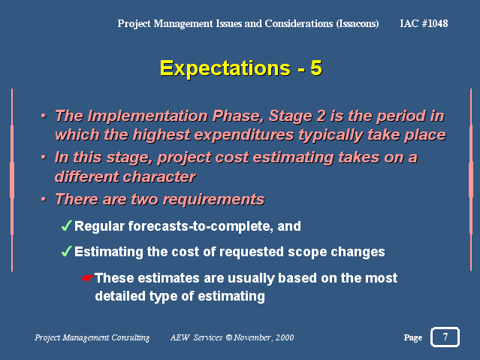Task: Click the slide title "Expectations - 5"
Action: tap(240, 68)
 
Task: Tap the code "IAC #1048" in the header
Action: tap(424, 23)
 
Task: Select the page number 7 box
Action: tap(445, 337)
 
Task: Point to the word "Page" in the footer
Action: tap(412, 337)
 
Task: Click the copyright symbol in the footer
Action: tap(228, 337)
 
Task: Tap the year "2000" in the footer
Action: tap(285, 337)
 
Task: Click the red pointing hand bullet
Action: tap(88, 278)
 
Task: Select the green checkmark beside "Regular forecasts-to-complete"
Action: tap(66, 225)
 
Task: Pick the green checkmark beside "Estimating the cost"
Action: tap(66, 251)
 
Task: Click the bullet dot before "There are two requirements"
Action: tap(44, 199)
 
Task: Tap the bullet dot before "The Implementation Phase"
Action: tap(44, 116)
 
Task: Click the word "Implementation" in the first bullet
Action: tap(148, 116)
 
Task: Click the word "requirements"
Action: tap(213, 200)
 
